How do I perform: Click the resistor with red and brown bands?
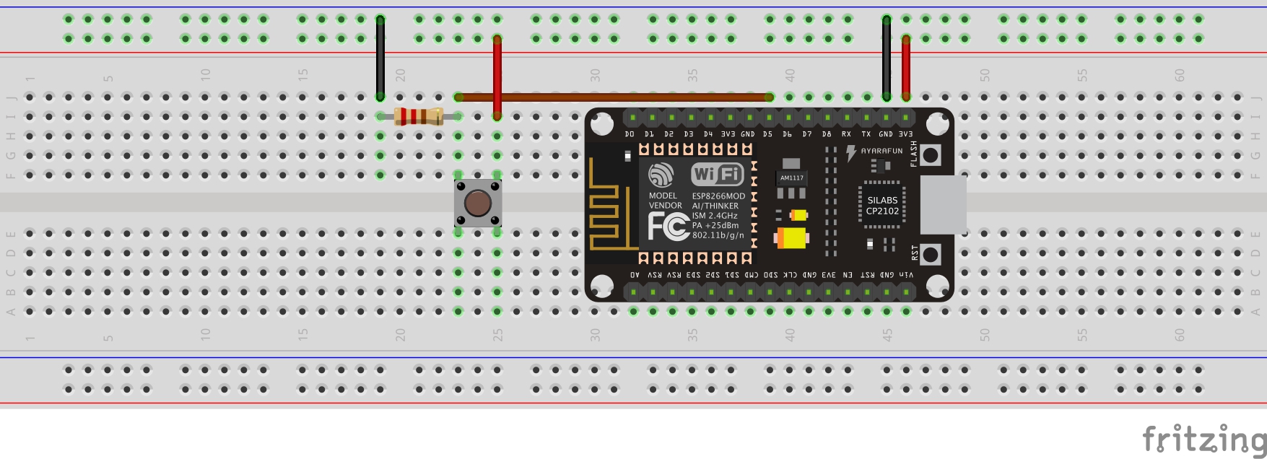point(419,116)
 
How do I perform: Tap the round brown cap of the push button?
point(477,203)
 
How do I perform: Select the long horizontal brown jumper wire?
point(614,97)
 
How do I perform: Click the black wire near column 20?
point(380,58)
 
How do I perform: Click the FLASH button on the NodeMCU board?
point(931,154)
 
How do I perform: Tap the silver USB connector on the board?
point(943,204)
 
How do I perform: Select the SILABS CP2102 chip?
point(882,206)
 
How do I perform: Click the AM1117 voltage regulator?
point(791,178)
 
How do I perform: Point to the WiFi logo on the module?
point(717,174)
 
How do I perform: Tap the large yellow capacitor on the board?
point(791,237)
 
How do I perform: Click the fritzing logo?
point(1203,439)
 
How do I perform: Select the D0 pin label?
point(630,134)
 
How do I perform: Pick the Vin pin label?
point(906,275)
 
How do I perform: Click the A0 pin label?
point(635,275)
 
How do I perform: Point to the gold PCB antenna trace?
point(604,209)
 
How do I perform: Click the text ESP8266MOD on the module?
point(718,196)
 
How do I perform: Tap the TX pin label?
point(866,134)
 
